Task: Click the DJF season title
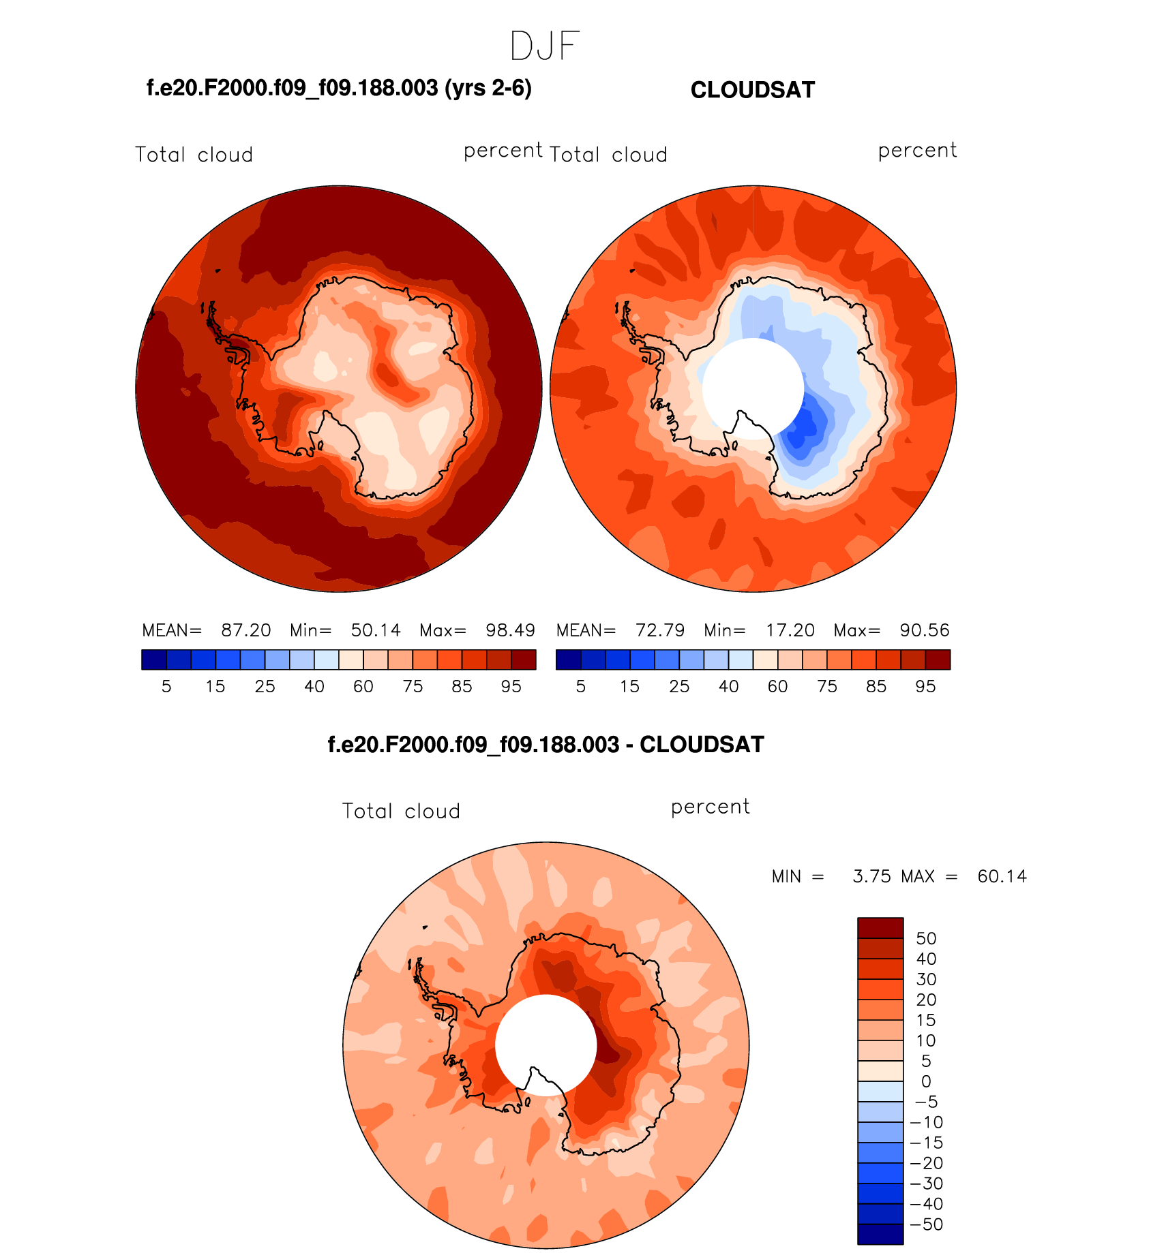[544, 46]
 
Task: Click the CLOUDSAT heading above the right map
[752, 90]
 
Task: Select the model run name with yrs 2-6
[339, 88]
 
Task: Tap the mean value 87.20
[245, 630]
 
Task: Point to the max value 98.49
[510, 630]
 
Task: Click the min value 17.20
[790, 630]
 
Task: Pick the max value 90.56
[924, 630]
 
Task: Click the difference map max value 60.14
[1002, 876]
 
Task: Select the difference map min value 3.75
[871, 876]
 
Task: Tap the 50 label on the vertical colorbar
[926, 938]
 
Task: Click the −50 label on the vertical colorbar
[926, 1224]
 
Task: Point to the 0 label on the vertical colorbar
[926, 1081]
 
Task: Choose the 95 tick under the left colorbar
[511, 687]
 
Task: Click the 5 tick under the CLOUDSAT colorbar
[580, 687]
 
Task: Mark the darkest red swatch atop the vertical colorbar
[880, 928]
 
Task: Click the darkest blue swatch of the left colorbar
[154, 660]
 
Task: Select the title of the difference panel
[545, 745]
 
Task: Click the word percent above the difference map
[710, 807]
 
